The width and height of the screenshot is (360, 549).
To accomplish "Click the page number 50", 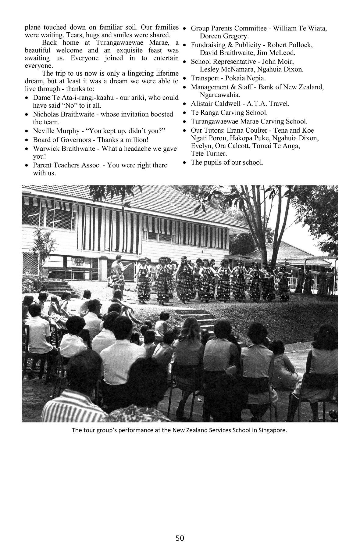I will coord(180,538).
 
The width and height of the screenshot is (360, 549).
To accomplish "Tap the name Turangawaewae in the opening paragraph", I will coord(118,43).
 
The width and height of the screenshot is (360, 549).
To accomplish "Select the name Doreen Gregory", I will coord(224,36).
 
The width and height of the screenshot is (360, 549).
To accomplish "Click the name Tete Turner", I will coord(209,154).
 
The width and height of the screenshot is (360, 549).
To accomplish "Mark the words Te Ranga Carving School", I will coord(229,113).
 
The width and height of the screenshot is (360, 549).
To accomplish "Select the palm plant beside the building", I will coord(41,241).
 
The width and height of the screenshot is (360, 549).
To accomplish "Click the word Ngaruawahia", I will coord(220,95).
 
